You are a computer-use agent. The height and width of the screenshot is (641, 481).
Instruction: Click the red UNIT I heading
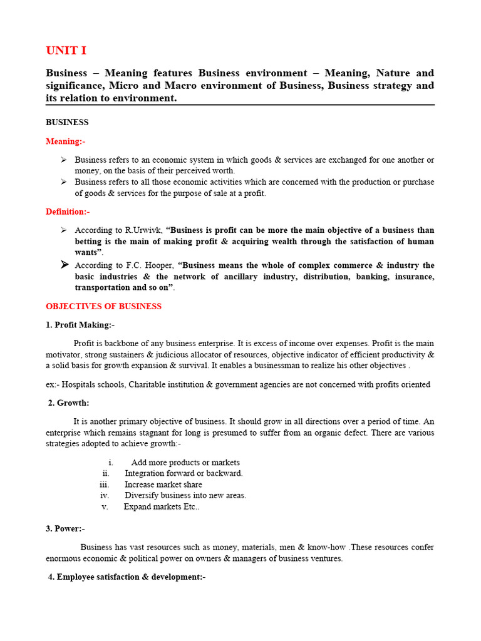[x=66, y=51]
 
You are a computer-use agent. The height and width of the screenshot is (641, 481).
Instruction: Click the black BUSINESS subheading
[x=67, y=122]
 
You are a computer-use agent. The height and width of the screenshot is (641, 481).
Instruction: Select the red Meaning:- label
[x=65, y=141]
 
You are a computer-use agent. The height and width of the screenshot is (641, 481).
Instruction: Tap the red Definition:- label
[x=68, y=212]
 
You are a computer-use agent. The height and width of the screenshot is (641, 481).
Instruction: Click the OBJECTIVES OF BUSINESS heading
[x=103, y=306]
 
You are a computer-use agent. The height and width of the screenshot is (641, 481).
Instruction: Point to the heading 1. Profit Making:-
[x=80, y=325]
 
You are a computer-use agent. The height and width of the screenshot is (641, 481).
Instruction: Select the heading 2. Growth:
[x=69, y=403]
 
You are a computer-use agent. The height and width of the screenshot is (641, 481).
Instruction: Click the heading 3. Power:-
[x=65, y=528]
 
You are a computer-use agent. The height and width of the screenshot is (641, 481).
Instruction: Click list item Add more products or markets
[x=185, y=463]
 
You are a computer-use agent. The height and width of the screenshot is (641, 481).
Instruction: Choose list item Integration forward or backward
[x=184, y=473]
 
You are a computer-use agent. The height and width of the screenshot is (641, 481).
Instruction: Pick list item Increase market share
[x=163, y=485]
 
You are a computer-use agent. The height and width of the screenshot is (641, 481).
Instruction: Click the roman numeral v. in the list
[x=105, y=506]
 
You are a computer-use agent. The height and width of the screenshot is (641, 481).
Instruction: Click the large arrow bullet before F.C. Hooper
[x=64, y=265]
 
